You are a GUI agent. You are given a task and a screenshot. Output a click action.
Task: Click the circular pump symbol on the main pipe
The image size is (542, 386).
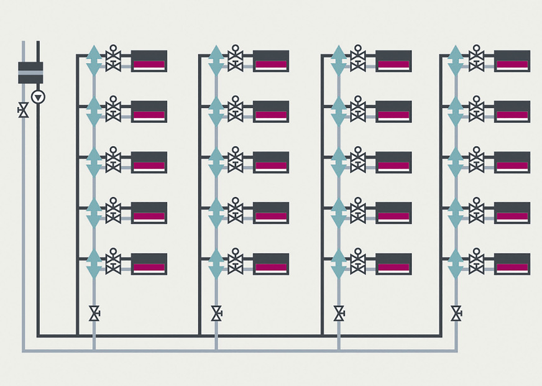[39, 96]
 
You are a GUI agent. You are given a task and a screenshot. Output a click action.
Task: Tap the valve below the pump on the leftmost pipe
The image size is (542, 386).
[24, 111]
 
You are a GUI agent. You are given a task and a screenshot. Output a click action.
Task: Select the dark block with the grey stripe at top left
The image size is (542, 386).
[30, 73]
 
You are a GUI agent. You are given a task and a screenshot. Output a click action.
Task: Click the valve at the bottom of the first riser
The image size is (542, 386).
[94, 313]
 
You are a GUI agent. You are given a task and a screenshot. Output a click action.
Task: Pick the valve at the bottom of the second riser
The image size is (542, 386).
[216, 313]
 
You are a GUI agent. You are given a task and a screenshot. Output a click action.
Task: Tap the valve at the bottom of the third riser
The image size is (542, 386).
[339, 313]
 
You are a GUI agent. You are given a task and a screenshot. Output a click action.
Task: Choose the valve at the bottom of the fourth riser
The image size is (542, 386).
[456, 313]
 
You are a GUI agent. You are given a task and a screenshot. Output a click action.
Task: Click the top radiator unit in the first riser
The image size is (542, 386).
[149, 61]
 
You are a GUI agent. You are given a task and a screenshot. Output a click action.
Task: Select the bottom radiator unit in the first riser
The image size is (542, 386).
[149, 264]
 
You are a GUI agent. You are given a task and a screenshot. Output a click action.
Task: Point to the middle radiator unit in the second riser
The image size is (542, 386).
[271, 162]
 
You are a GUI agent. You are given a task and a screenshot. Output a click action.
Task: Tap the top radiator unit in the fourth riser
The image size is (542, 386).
[512, 61]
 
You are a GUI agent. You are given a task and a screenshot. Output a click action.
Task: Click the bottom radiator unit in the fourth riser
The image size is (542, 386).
[512, 264]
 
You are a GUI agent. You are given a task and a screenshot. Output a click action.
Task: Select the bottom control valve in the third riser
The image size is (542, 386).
[358, 263]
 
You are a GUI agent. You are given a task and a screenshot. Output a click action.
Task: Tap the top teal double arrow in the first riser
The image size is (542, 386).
[94, 60]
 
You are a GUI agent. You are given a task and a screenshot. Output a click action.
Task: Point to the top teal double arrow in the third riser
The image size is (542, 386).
[339, 60]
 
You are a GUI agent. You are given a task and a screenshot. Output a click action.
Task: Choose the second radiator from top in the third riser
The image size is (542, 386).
[393, 112]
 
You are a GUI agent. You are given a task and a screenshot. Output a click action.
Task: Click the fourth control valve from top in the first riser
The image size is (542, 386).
[113, 213]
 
